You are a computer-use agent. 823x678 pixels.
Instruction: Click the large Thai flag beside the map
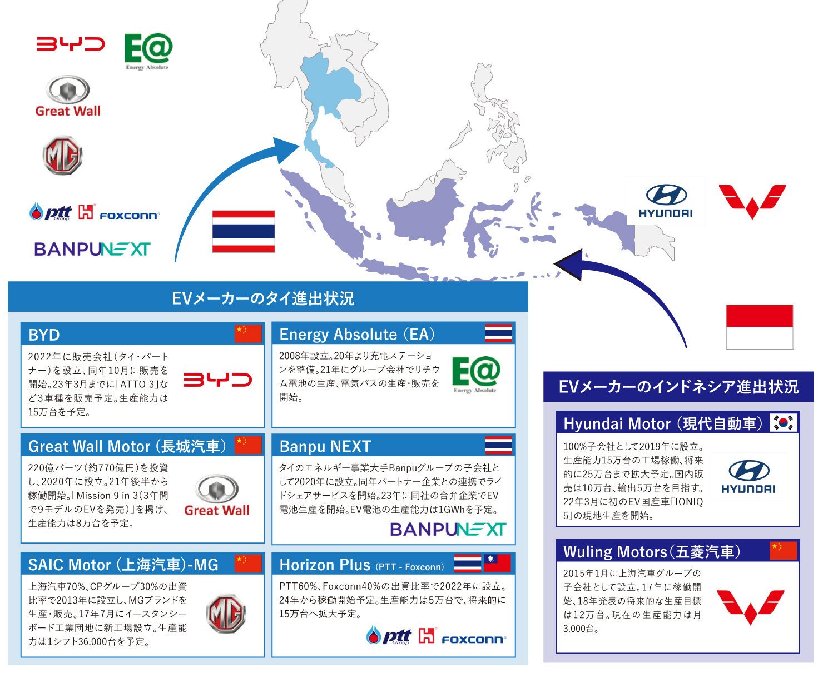point(243,231)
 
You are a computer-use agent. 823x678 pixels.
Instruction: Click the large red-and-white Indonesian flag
point(759,327)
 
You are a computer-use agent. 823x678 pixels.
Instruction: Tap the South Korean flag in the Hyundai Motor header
point(783,423)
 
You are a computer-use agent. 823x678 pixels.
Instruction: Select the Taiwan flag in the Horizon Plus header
point(497,564)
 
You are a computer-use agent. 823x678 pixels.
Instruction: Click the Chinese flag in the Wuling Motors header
point(783,550)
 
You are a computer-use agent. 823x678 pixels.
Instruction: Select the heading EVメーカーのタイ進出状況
point(263,298)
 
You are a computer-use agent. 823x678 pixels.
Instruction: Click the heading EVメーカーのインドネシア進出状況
point(678,387)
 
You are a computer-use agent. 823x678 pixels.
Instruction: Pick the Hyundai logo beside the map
point(666,201)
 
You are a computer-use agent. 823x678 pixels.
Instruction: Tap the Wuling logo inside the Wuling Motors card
point(750,606)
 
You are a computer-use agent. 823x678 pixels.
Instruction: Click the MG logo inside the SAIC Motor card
point(226,614)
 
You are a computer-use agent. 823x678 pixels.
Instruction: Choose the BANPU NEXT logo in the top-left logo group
point(92,249)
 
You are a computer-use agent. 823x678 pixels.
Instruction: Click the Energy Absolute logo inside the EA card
point(475,374)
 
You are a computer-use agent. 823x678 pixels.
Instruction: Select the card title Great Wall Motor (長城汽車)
point(127,446)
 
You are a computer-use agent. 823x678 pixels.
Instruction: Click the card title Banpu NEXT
point(325,446)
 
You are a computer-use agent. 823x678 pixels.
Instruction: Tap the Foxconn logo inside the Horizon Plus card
point(473,640)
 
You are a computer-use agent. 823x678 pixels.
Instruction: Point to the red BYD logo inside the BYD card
point(217,380)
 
